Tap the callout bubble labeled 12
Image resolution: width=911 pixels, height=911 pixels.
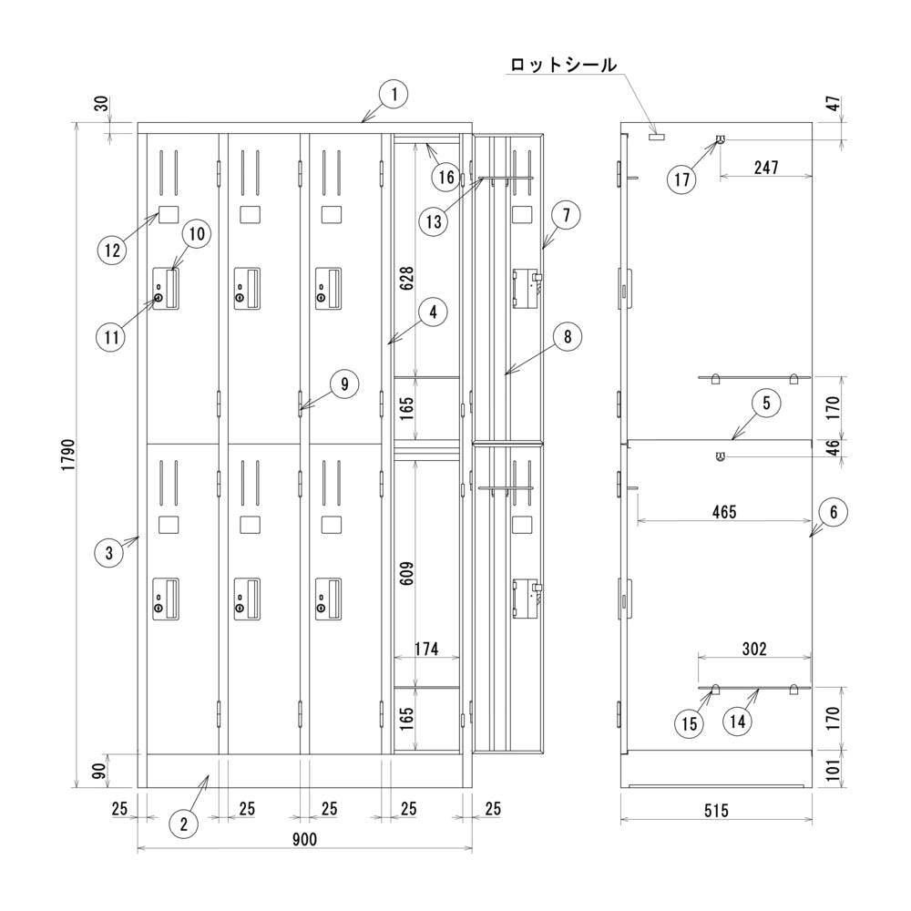tap(113, 250)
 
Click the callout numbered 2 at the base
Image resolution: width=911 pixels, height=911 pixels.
tap(183, 824)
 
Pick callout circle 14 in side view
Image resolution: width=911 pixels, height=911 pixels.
tap(739, 722)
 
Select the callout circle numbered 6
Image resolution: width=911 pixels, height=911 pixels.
tap(833, 513)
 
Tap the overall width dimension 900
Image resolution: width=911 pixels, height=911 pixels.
tap(304, 839)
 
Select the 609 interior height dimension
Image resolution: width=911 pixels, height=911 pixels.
tap(407, 571)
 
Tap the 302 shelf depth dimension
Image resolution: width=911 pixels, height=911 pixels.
tap(753, 649)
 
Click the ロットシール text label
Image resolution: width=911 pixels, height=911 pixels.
tap(563, 65)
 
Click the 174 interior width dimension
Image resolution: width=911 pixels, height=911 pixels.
tap(426, 649)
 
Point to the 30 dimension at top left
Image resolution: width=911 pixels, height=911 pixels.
tap(102, 105)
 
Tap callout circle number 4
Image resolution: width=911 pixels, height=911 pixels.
tap(434, 312)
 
